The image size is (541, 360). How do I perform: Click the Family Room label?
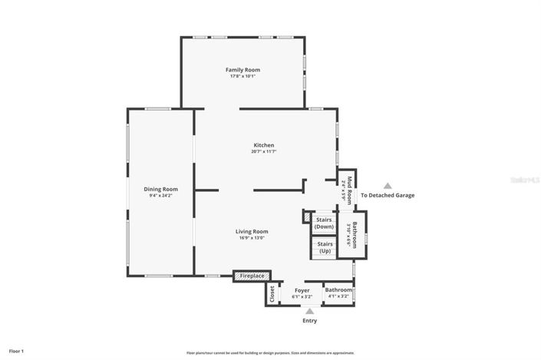pos(242,70)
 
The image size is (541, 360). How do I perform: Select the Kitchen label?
pos(264,145)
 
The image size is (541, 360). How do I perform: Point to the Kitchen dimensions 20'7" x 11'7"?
pos(264,152)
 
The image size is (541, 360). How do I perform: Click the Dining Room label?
pos(160,189)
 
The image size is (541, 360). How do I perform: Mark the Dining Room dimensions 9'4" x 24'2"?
pos(160,196)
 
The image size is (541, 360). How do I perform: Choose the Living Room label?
pos(251,231)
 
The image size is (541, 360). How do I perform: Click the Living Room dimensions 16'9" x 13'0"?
pos(251,238)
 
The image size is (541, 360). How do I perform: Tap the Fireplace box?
pos(252,276)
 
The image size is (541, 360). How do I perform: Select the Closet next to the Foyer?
pos(272,293)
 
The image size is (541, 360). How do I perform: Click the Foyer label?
pos(302,290)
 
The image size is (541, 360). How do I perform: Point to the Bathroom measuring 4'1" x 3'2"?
pos(338,292)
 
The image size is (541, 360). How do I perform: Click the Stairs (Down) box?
pos(325,223)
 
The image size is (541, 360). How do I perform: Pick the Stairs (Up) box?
pos(325,248)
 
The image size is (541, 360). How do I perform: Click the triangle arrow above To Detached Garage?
pos(388,186)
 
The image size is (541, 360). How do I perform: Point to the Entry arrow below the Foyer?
pos(309,311)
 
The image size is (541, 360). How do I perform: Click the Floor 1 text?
pos(16,351)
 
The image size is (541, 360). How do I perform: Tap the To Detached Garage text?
pos(388,195)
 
